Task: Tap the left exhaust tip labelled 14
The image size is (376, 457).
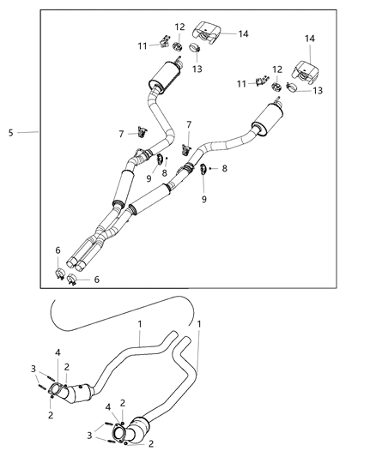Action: (209, 31)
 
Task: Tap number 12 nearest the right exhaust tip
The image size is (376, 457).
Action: (276, 69)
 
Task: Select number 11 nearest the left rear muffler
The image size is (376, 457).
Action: (143, 45)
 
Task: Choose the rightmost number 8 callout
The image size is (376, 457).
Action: (224, 169)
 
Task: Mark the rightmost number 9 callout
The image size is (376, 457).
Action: (203, 199)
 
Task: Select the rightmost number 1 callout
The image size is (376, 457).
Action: (199, 325)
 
